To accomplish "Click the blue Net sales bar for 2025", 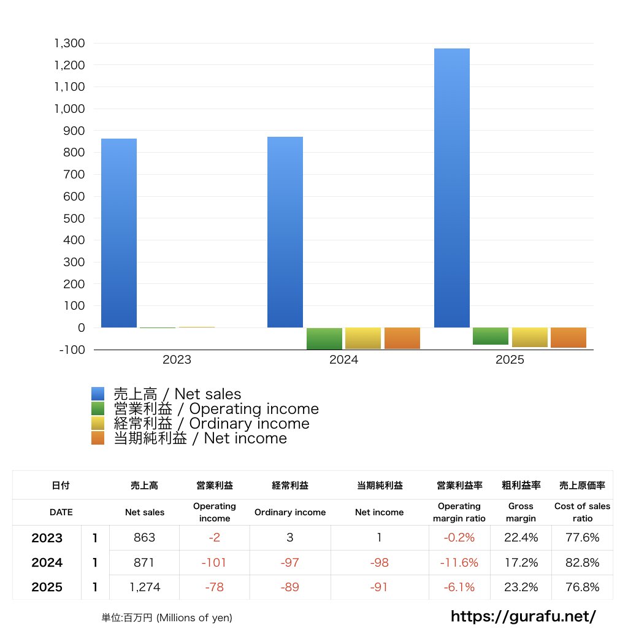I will click(452, 188).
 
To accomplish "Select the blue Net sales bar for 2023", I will click(119, 233).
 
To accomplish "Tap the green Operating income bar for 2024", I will click(324, 339).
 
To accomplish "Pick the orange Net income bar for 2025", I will click(568, 338).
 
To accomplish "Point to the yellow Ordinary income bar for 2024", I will click(363, 339).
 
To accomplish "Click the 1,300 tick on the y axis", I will click(69, 44).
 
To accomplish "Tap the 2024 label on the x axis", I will click(343, 360).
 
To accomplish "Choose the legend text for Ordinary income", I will click(212, 424).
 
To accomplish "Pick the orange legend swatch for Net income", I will click(98, 438).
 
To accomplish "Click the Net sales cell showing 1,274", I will click(145, 587).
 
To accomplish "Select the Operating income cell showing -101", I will click(214, 562).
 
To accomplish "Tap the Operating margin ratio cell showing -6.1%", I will click(459, 587).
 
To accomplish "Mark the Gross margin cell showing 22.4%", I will click(521, 538).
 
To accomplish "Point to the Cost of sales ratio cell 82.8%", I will click(582, 562).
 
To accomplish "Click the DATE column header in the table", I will click(61, 512).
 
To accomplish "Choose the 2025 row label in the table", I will click(47, 587).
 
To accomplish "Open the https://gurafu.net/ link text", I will click(523, 616).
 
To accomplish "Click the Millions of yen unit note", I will click(167, 618).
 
